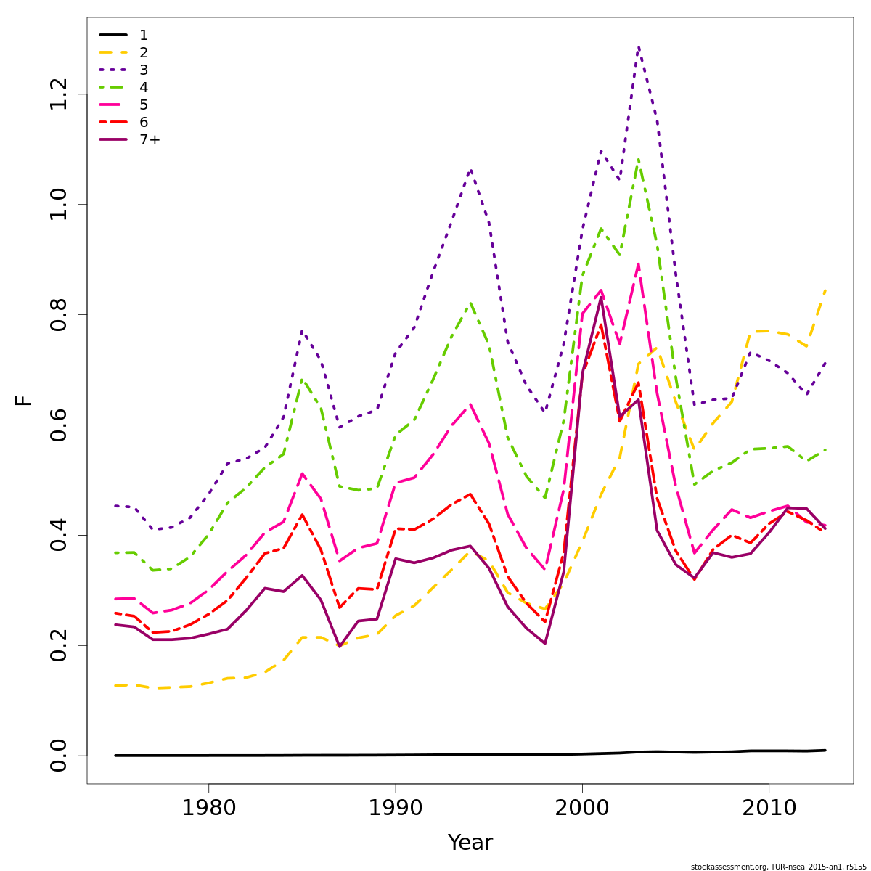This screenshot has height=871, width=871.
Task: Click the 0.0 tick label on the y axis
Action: (60, 756)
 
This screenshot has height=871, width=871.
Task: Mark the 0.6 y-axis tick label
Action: (60, 425)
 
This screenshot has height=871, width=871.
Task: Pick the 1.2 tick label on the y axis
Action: (60, 94)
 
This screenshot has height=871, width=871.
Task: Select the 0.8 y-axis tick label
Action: (60, 314)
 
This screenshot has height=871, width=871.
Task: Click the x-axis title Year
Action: (470, 843)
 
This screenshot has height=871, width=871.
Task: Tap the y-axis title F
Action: (24, 400)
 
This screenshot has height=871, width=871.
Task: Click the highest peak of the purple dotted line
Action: (638, 47)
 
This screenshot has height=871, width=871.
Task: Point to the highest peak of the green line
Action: (638, 159)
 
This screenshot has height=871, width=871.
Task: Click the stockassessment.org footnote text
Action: (778, 867)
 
